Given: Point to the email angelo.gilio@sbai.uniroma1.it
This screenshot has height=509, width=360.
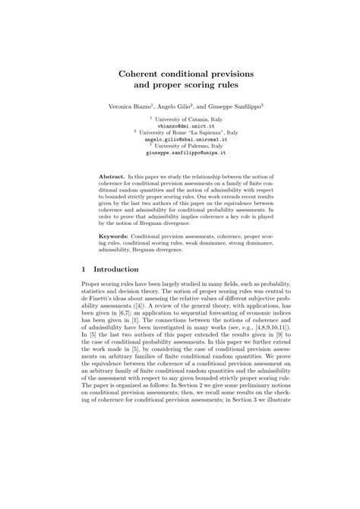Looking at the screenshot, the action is click(180, 140).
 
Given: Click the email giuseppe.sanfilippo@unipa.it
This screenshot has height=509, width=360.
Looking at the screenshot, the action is click(180, 152).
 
